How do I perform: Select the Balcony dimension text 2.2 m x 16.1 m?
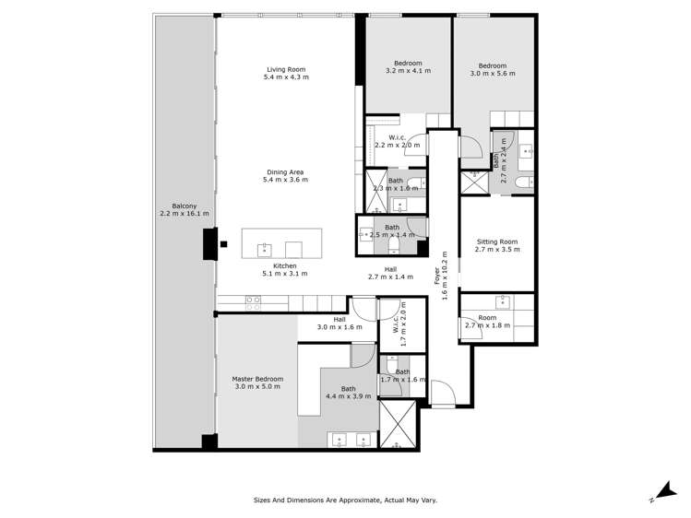(x=184, y=213)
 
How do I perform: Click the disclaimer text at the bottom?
(x=345, y=500)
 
